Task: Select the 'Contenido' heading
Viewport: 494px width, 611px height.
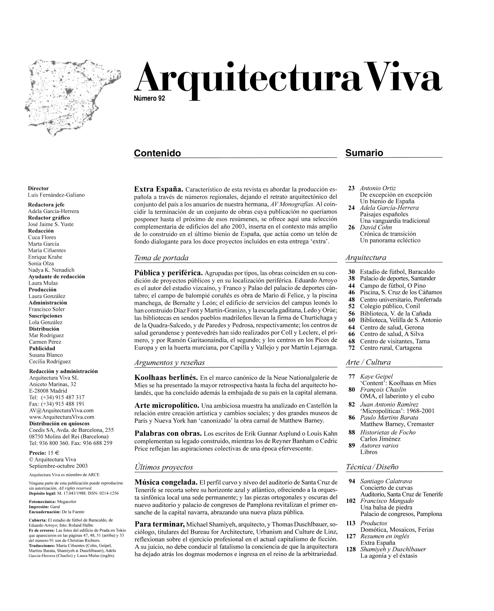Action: (x=157, y=153)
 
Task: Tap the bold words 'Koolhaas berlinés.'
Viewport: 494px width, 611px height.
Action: (x=166, y=378)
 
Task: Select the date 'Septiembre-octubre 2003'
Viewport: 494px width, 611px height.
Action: (x=58, y=466)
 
